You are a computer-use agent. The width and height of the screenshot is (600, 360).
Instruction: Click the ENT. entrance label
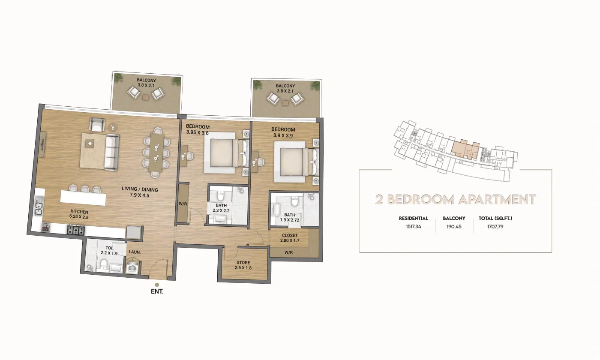(x=157, y=291)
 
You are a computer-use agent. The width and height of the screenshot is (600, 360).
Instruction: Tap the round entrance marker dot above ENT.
(x=157, y=285)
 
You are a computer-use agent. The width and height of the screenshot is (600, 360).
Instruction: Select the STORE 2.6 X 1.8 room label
(x=243, y=265)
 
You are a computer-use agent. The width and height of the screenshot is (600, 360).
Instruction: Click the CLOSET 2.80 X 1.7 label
(x=290, y=238)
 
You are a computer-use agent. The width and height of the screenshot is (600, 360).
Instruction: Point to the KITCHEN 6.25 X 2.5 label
(x=79, y=214)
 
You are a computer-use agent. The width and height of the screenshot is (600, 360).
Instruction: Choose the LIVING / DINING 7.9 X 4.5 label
(x=140, y=192)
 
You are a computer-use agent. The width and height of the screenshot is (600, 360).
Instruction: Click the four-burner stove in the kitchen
(x=76, y=230)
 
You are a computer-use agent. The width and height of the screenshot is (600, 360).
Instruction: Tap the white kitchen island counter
(x=83, y=198)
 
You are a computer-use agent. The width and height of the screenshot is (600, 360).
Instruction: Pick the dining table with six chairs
(x=156, y=153)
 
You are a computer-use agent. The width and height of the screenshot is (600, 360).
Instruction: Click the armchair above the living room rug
(x=97, y=125)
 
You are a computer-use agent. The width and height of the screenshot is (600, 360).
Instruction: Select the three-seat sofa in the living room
(x=112, y=152)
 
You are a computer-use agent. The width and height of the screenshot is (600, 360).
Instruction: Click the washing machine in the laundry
(x=133, y=267)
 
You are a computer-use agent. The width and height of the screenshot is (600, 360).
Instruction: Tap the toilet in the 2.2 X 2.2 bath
(x=221, y=196)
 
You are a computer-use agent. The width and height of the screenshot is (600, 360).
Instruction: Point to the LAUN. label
(x=135, y=252)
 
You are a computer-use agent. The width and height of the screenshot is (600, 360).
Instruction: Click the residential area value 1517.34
(x=414, y=227)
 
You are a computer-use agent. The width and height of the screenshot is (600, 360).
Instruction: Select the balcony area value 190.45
(x=454, y=227)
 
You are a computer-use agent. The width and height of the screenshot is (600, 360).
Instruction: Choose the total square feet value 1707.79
(x=495, y=227)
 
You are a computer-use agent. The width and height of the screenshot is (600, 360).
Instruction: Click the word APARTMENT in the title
(x=497, y=200)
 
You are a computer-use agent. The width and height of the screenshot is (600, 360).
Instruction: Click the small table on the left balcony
(x=146, y=97)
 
